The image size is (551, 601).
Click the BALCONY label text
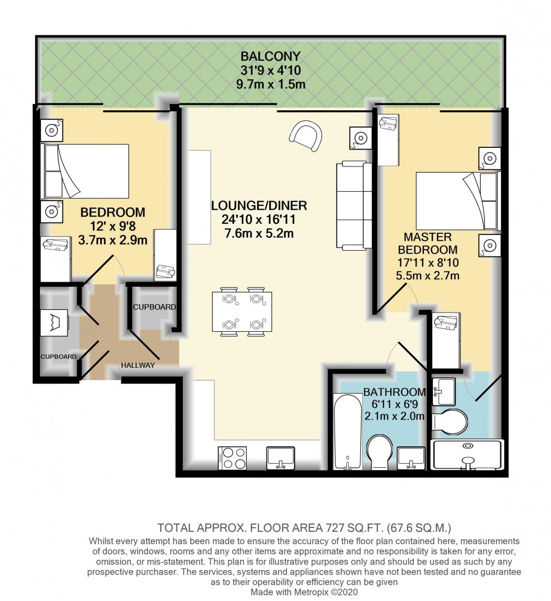270,56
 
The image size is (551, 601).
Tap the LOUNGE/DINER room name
259,205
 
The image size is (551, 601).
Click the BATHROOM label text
394,392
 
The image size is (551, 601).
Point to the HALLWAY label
138,365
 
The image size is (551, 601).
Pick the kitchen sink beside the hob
279,457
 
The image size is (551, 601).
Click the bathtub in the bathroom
347,432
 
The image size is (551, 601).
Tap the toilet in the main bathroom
380,453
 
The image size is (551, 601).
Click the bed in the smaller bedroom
85,171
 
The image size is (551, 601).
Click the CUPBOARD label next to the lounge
154,308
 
